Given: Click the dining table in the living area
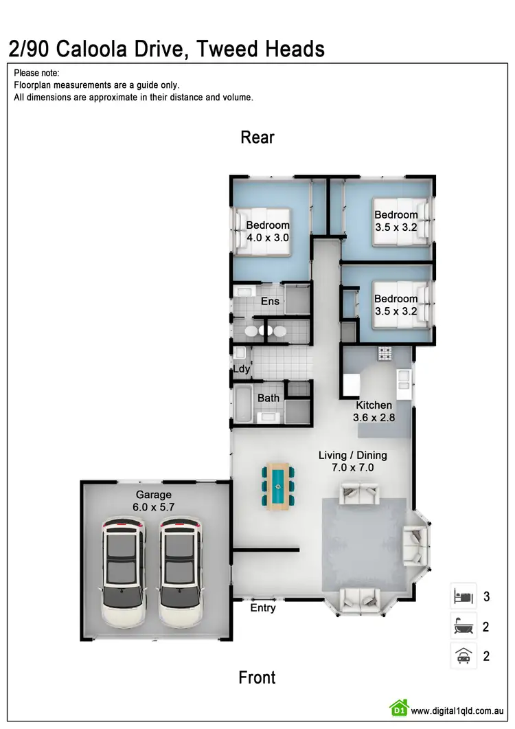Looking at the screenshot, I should coord(278,486).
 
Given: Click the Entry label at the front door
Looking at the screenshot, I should coord(263,608).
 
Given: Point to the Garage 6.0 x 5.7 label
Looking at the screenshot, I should coord(154,500).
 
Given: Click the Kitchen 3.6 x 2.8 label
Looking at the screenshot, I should coord(374,411).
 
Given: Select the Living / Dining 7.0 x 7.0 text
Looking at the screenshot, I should coord(353,461).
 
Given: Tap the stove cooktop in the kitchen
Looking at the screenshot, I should coord(383,355).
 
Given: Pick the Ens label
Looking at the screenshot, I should coord(269,301).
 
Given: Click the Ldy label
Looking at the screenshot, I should coord(241,369).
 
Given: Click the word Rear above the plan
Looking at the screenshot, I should coord(257,137).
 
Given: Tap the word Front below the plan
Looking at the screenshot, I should coord(257,677).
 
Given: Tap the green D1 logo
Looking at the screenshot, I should coord(398,708).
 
